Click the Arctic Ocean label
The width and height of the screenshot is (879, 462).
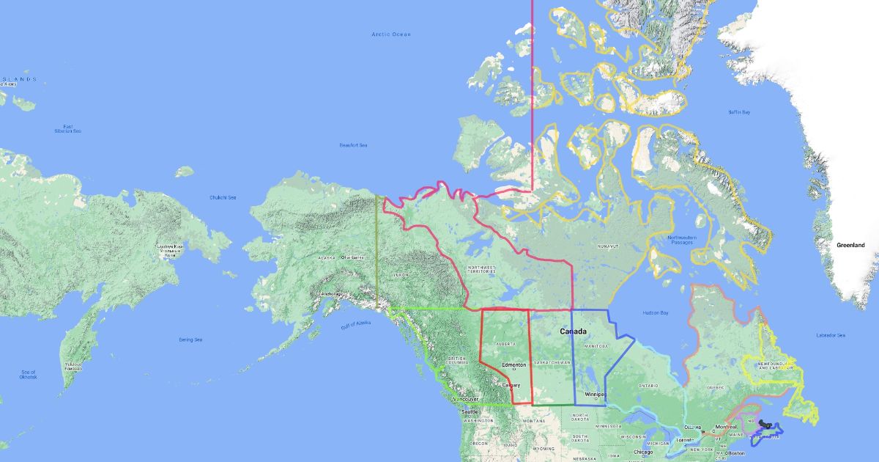[391, 34]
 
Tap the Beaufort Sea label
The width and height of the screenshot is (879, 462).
[353, 145]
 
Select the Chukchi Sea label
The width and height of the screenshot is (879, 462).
[223, 197]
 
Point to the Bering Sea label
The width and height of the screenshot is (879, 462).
[190, 340]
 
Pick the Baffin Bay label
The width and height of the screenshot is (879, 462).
[738, 112]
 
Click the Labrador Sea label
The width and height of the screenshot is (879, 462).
[831, 335]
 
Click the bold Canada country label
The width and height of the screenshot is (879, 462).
[573, 331]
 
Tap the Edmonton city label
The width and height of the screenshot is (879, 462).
[513, 364]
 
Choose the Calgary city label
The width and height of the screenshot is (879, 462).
[511, 385]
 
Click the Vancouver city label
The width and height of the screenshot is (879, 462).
[469, 399]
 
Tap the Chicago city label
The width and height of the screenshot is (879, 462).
[643, 452]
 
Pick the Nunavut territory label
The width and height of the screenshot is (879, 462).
[607, 246]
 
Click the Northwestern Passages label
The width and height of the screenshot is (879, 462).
[682, 240]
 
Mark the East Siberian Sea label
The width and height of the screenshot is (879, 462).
[72, 128]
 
